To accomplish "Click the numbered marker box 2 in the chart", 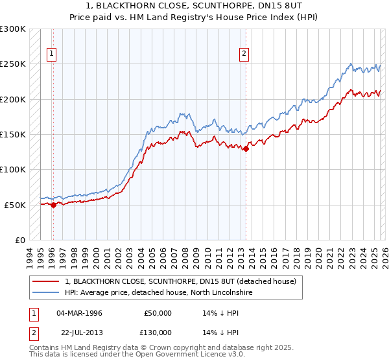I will click(244, 54).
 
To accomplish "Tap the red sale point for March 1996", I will click(53, 205).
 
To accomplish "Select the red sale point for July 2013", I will click(246, 149).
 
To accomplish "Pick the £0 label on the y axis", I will click(19, 240).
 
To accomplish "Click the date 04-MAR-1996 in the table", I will click(79, 313).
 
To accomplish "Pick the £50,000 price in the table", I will click(158, 313).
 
